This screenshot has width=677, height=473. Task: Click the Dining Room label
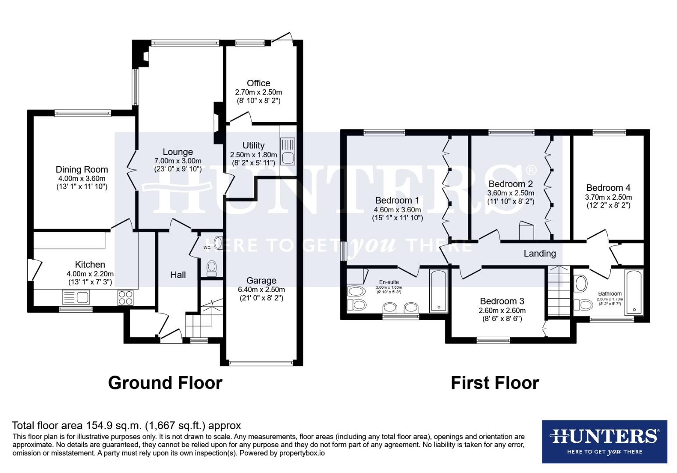point(82,169)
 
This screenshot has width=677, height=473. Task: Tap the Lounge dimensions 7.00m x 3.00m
point(178,161)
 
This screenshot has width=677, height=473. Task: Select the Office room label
point(258,83)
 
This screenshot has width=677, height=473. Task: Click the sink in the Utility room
point(288,151)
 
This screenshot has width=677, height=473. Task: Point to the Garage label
point(261,281)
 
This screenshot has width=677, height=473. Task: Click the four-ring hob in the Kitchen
point(125,298)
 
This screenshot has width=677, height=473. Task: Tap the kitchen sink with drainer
point(76,298)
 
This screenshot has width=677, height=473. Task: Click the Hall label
point(178,275)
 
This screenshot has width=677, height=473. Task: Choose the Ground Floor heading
point(165,383)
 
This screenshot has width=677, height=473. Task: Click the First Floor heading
point(495,383)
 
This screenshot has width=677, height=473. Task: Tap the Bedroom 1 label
point(397,201)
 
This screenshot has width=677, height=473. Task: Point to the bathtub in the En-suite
point(438,291)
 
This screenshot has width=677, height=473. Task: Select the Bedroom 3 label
point(502,301)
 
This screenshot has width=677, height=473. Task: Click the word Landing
point(540,253)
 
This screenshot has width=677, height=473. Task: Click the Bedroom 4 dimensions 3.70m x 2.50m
point(608,197)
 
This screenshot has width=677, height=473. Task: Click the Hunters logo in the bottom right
point(604,441)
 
